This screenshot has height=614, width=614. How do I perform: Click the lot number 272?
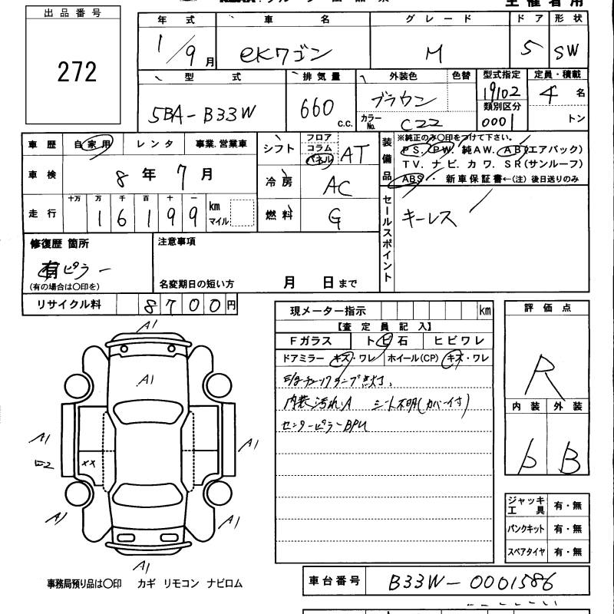77,72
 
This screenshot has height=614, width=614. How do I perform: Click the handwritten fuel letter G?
335,218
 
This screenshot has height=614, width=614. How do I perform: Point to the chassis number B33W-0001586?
461,581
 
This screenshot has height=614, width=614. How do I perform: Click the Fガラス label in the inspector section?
311,341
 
